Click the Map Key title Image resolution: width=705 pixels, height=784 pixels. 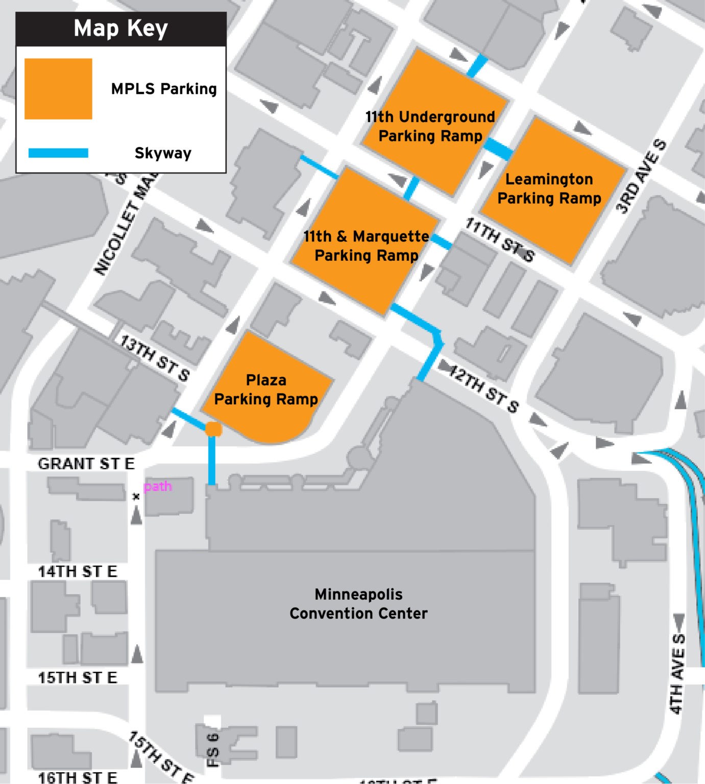120,29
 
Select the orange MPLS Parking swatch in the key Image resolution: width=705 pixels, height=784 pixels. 58,89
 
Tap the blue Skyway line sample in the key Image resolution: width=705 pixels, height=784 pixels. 58,153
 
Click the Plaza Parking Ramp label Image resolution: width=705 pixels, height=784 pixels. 266,389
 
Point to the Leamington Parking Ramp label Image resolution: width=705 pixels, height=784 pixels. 549,188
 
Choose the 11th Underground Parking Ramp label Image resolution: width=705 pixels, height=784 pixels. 430,126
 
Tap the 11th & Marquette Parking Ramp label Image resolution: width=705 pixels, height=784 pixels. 367,246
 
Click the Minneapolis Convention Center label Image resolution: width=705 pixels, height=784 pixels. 358,603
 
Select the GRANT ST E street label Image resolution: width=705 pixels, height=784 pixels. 86,463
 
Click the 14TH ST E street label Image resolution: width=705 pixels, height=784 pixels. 78,571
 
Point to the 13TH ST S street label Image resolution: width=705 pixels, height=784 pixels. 155,358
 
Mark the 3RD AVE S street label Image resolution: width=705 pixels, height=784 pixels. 641,176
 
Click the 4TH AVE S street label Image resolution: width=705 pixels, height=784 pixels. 677,673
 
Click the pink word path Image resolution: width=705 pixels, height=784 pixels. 158,486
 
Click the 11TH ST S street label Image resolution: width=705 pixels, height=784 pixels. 500,240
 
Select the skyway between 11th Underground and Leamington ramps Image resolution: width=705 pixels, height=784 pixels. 498,149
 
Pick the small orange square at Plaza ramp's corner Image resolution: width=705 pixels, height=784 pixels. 213,429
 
